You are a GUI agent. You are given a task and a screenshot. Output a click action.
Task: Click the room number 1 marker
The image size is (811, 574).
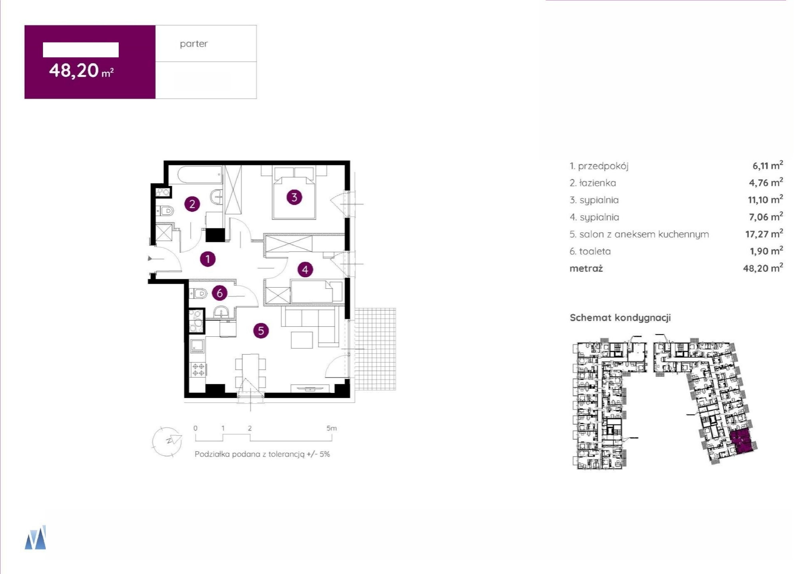coord(208,259)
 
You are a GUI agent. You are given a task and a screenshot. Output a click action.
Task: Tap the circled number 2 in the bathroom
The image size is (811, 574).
coord(192,204)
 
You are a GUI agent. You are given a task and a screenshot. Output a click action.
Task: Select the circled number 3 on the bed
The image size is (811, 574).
coord(294,197)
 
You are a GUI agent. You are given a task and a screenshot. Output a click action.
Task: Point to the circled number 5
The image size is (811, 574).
coord(261,331)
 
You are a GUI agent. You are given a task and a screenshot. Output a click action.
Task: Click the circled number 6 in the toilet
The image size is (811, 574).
coord(220,293)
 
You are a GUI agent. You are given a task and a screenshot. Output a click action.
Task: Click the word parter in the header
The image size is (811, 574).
coord(194,44)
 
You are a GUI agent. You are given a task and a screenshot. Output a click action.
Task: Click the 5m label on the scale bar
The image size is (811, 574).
coord(332,428)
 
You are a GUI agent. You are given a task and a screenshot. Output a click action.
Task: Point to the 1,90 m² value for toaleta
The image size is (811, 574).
coord(766,251)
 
